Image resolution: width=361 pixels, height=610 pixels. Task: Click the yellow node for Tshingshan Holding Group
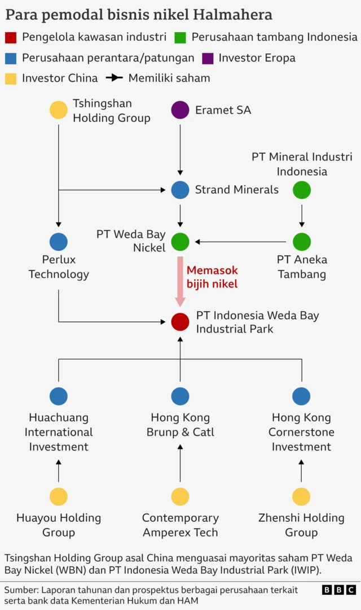point(59,110)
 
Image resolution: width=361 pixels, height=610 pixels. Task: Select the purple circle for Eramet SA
point(180,110)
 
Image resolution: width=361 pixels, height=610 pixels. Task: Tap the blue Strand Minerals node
point(180,190)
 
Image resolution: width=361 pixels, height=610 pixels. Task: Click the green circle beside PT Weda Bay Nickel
point(180,242)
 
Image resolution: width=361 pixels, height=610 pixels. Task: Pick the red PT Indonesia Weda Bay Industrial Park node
point(180,322)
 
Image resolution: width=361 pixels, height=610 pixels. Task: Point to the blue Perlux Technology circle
point(59,242)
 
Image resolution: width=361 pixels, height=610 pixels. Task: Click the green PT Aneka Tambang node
point(302,242)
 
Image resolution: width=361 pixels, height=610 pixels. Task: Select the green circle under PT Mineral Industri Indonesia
point(302,190)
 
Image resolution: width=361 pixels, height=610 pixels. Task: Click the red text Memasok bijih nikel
point(213,277)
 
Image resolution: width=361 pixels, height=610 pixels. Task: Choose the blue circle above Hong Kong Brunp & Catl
point(180,396)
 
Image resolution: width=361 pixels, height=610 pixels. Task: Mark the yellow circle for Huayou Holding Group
point(59,496)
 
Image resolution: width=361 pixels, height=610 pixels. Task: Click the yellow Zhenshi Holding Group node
point(301,496)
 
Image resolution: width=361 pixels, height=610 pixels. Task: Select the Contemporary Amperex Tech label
point(180,525)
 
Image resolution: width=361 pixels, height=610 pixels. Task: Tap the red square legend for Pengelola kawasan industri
point(11,38)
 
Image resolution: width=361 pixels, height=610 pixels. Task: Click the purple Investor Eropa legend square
point(208,58)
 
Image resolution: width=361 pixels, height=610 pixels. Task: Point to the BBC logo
point(338,590)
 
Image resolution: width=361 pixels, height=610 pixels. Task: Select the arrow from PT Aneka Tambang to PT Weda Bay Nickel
point(243,242)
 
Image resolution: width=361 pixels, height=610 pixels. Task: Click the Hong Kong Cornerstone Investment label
point(301,432)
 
